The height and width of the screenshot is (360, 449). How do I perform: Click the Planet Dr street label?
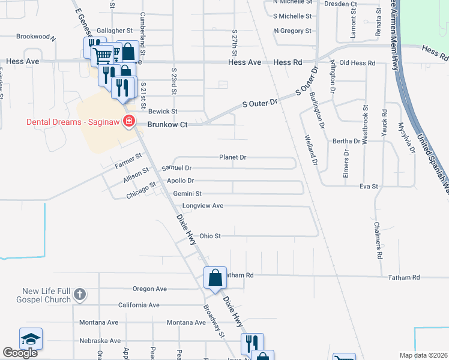(x=233, y=157)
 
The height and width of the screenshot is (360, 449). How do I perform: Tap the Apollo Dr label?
(x=181, y=181)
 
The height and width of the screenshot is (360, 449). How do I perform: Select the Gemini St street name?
(x=187, y=194)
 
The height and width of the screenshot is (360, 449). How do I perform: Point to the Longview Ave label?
(x=203, y=206)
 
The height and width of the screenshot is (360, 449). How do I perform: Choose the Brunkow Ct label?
(x=169, y=124)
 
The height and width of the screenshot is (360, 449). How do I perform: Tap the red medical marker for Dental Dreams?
(x=128, y=122)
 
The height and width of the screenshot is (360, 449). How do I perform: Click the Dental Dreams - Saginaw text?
(x=73, y=122)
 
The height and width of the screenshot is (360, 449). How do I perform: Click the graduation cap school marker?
(x=31, y=338)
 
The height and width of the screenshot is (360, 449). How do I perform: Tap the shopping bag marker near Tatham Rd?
(x=215, y=278)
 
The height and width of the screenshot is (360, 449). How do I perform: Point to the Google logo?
(x=20, y=353)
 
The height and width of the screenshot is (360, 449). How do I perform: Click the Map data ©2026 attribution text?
(x=423, y=355)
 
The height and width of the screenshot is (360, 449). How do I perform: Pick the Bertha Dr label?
(x=346, y=142)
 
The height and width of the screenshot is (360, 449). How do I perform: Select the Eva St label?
(x=368, y=187)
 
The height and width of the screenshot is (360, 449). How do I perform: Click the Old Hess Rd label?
(x=357, y=63)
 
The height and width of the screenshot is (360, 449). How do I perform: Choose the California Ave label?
(x=139, y=305)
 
